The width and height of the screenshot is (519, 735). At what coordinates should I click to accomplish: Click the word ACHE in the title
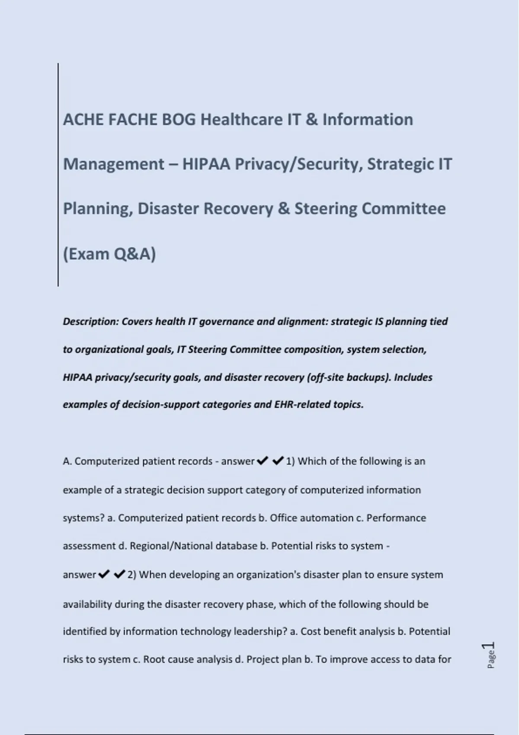(83, 119)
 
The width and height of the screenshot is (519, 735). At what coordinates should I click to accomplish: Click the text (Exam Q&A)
(109, 254)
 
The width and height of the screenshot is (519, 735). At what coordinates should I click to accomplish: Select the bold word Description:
(90, 322)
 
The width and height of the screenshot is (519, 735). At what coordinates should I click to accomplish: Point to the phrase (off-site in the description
(325, 377)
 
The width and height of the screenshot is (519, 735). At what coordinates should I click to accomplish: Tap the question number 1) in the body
(290, 461)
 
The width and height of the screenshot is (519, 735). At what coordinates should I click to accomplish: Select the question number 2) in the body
(132, 575)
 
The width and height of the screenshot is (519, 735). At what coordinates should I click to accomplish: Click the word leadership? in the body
(260, 632)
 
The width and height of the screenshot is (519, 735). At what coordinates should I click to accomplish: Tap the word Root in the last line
(154, 660)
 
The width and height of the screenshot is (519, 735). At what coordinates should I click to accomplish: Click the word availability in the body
(87, 604)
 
